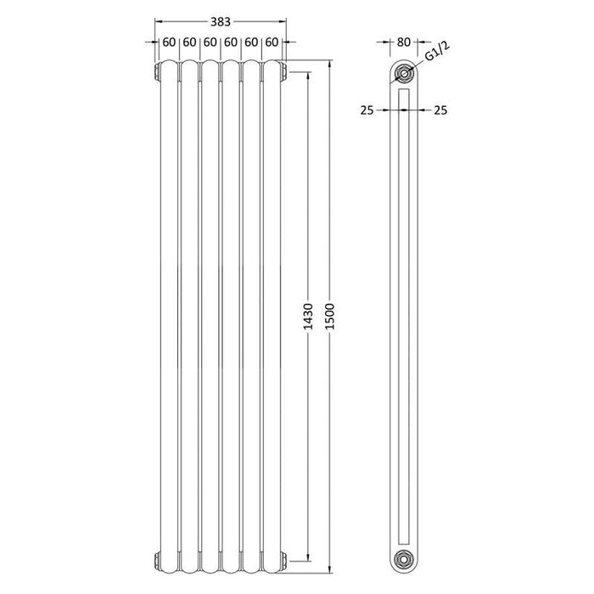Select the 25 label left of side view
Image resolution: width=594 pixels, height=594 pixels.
(x=367, y=109)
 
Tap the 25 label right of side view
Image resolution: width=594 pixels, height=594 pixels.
(x=440, y=109)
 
